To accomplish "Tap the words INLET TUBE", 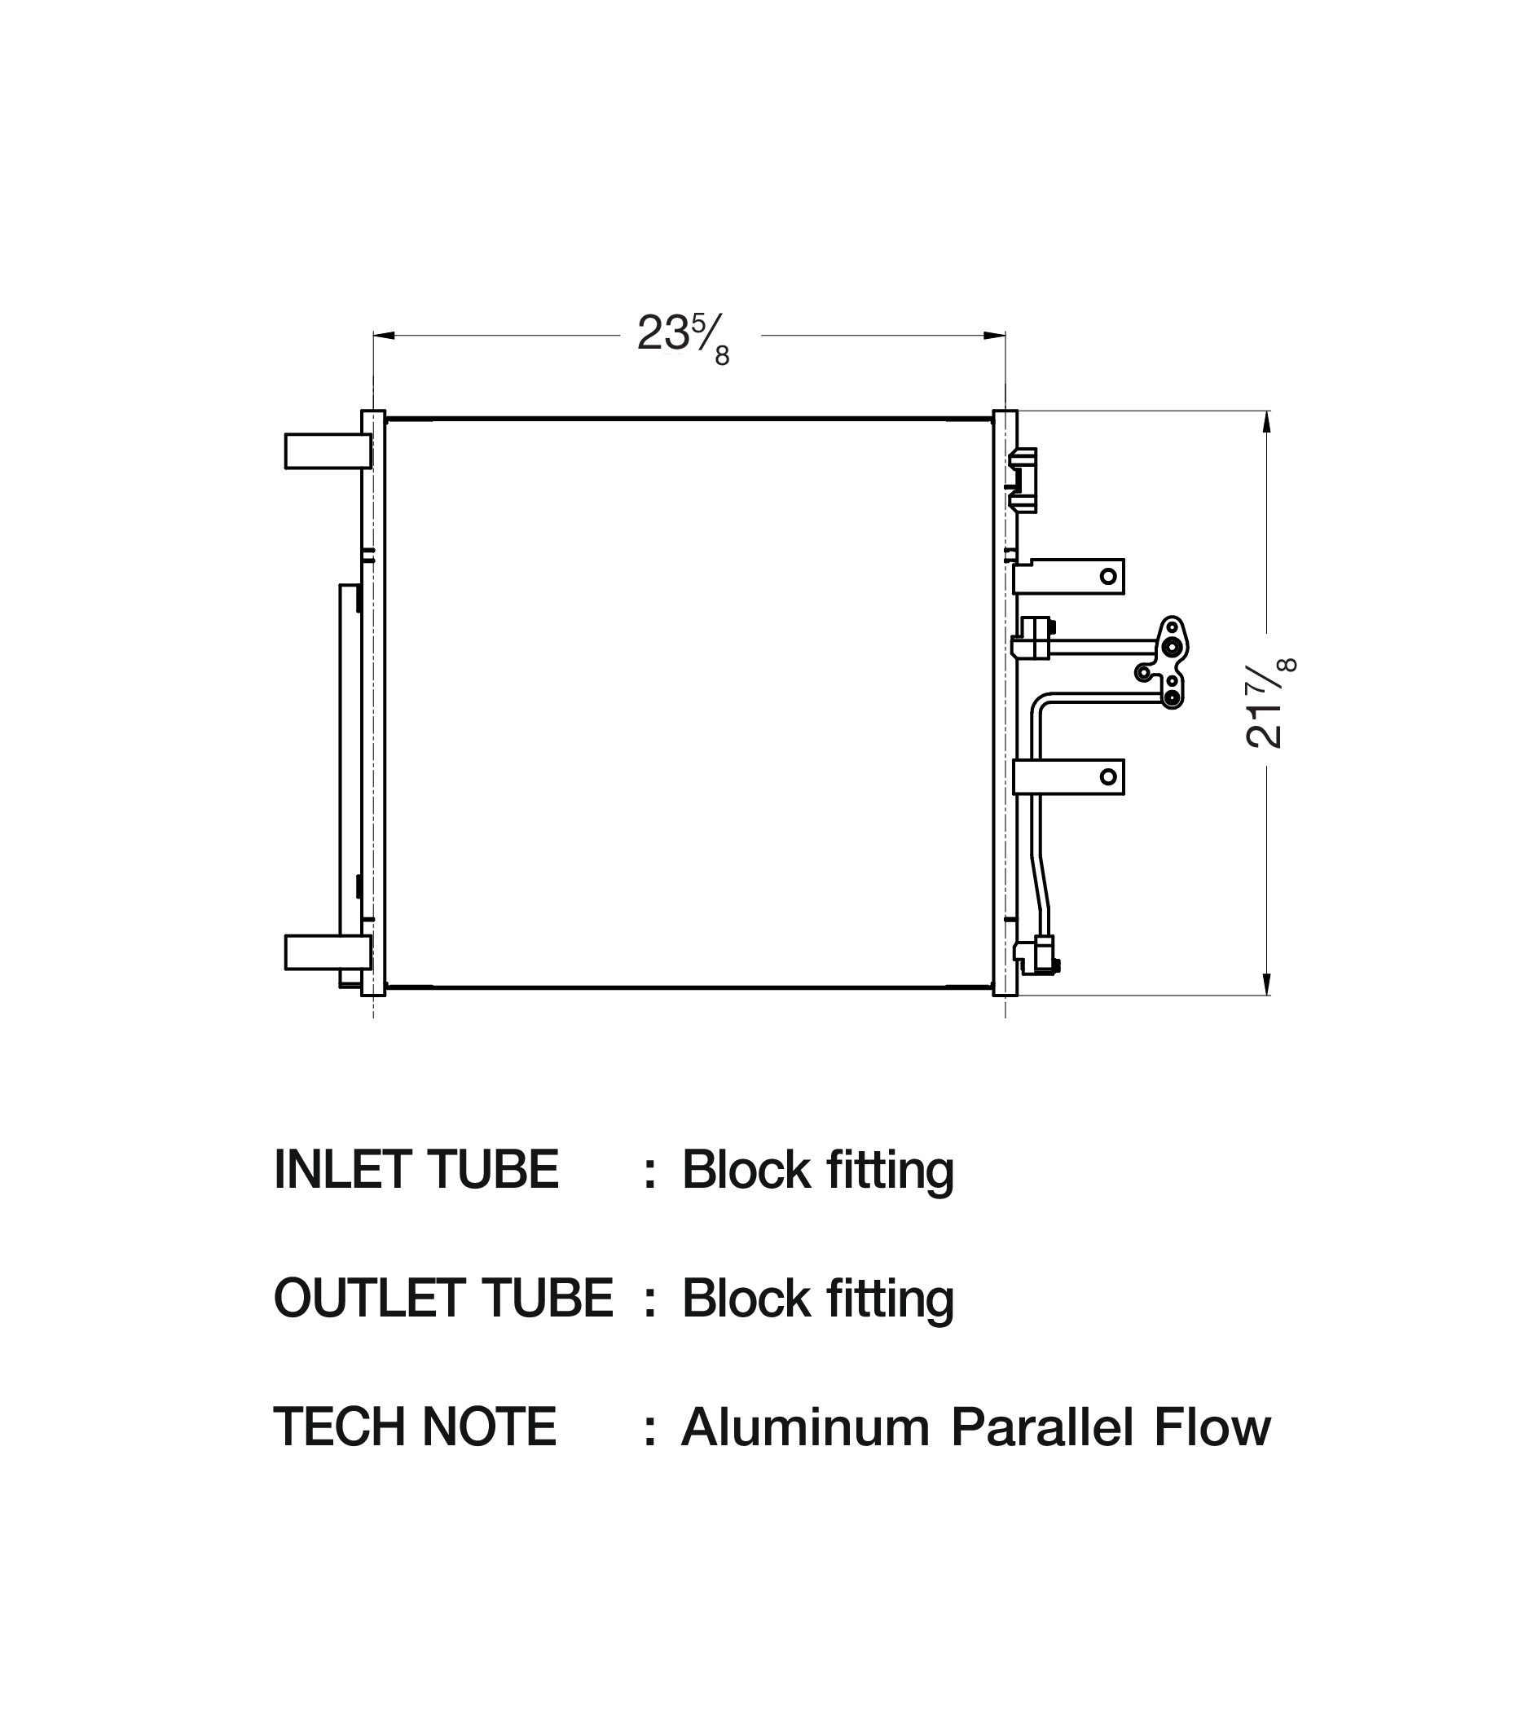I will tap(416, 1170).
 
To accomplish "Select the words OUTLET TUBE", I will tap(443, 1299).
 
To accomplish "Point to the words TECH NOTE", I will tap(415, 1427).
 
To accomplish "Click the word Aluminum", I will tap(805, 1427).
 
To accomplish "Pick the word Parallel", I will tap(1041, 1427).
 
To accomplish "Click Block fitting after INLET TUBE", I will tap(818, 1170).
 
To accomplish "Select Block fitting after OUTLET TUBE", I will tap(818, 1299).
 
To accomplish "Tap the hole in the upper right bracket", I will tap(1108, 577).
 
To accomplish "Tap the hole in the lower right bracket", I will tap(1108, 776).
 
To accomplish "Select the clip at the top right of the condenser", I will tap(1024, 481).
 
